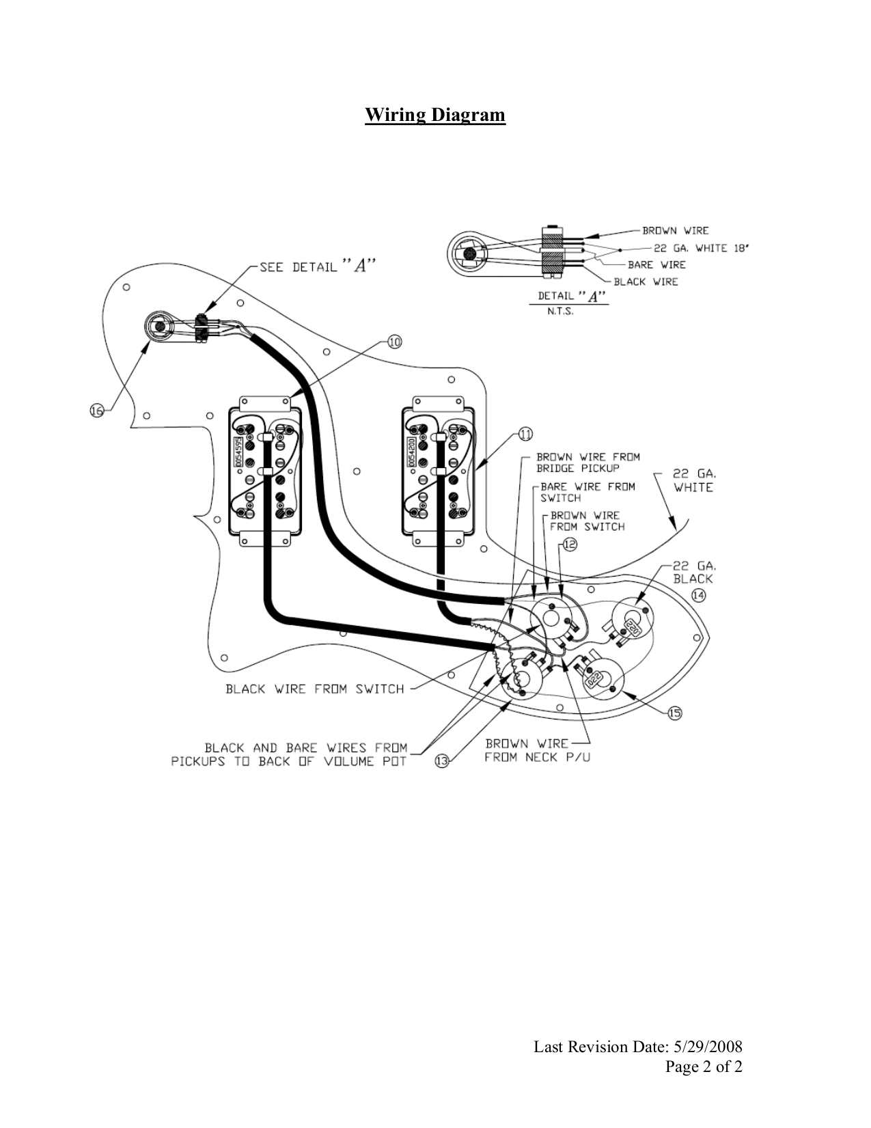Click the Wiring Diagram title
(435, 115)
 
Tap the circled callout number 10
(394, 342)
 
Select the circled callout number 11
(525, 434)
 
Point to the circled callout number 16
(97, 411)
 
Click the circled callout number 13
(442, 762)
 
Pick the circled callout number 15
(674, 714)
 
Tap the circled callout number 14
(698, 595)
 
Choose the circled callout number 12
(570, 545)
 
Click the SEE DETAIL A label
(317, 267)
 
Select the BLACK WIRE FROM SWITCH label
(314, 689)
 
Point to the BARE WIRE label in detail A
(656, 264)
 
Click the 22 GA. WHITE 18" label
(700, 248)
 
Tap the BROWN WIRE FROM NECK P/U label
(537, 751)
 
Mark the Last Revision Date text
(638, 1047)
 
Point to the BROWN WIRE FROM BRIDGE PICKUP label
(587, 463)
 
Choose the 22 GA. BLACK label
(693, 572)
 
